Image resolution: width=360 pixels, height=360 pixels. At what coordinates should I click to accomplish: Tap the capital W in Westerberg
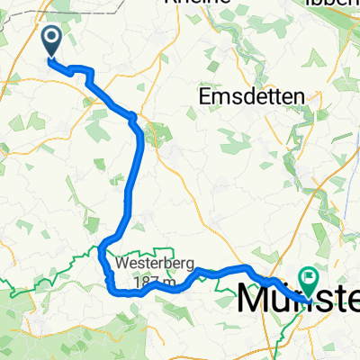[121, 265]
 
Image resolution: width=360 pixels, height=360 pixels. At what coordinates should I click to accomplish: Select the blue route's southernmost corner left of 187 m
[111, 290]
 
